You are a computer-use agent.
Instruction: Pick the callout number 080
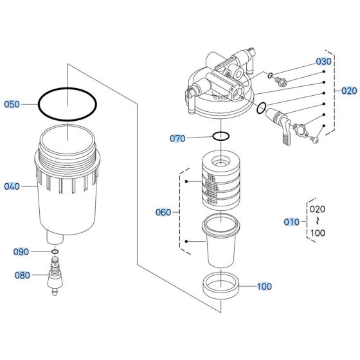click(22, 275)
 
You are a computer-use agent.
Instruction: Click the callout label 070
click(178, 138)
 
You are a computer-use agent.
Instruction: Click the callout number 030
click(323, 62)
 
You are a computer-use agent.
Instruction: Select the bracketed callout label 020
click(348, 91)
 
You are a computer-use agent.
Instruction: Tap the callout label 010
click(292, 222)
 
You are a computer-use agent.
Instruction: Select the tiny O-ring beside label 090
click(55, 251)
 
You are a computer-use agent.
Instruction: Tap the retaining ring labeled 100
click(221, 283)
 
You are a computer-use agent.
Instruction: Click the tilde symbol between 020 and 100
click(317, 221)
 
